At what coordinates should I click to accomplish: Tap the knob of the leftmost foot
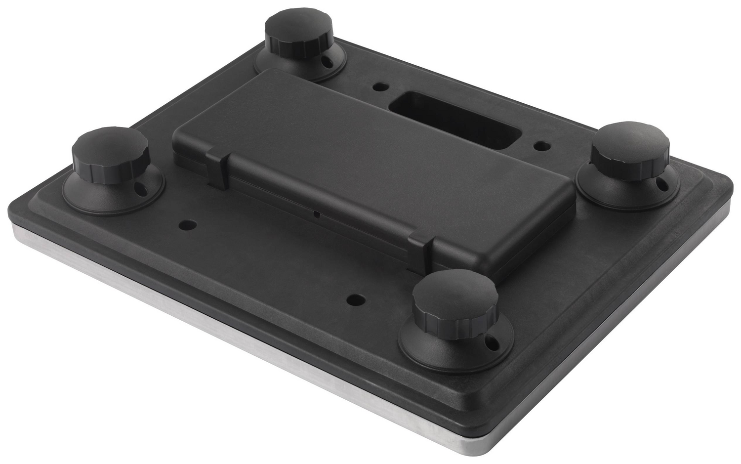click(111, 155)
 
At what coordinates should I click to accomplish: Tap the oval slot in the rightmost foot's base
click(661, 184)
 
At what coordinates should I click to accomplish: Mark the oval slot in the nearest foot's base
click(491, 341)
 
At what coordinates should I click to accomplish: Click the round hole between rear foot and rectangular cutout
click(380, 87)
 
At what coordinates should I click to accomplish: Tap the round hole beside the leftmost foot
click(188, 225)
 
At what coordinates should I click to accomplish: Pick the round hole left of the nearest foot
click(356, 299)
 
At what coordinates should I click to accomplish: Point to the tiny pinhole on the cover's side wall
click(316, 214)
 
